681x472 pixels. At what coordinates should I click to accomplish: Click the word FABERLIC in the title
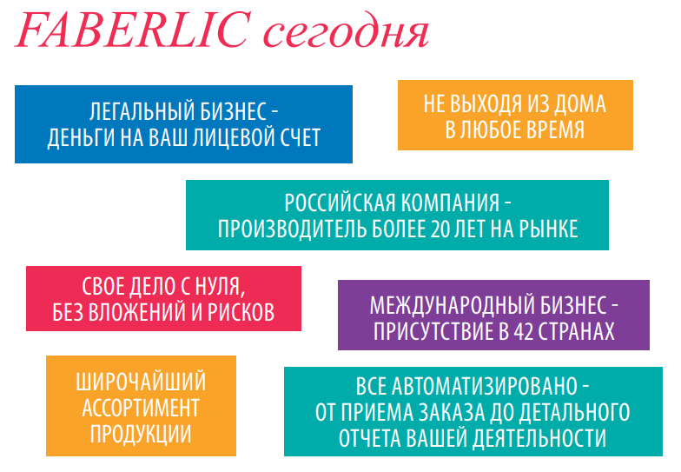pos(134,30)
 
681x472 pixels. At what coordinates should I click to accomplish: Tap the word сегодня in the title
pos(347,33)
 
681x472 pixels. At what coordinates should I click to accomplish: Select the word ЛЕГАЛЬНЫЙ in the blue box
pos(136,111)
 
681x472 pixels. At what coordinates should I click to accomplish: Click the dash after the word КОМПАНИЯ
pos(507,203)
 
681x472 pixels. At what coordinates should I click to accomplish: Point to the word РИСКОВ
pos(241,312)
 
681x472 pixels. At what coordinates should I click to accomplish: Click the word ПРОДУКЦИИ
pos(141,434)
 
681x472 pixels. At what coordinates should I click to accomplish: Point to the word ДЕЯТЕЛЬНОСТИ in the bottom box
pos(539,438)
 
